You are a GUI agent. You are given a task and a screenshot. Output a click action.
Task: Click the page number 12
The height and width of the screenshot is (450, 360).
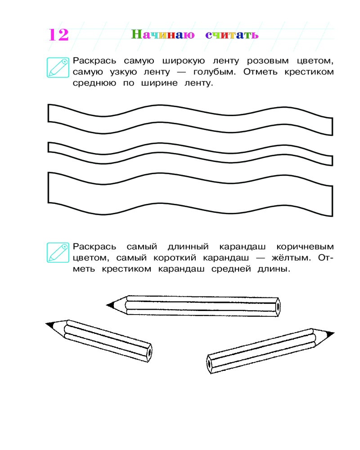pyautogui.click(x=58, y=35)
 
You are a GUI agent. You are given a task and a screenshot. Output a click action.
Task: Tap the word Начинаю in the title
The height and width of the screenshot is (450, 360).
pyautogui.click(x=163, y=35)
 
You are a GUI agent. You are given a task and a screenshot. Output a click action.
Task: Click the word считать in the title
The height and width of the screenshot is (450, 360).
pyautogui.click(x=232, y=35)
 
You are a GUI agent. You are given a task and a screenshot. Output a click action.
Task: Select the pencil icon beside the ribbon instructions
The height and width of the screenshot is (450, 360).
pyautogui.click(x=58, y=67)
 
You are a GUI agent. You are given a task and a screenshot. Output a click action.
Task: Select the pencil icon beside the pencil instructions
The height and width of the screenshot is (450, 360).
pyautogui.click(x=58, y=252)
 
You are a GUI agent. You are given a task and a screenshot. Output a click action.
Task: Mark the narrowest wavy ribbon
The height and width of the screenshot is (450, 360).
pyautogui.click(x=190, y=153)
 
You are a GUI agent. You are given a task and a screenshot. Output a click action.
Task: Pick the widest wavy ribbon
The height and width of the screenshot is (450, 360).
pyautogui.click(x=190, y=193)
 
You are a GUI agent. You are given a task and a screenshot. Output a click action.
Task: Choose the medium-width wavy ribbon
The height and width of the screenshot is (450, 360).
pyautogui.click(x=190, y=120)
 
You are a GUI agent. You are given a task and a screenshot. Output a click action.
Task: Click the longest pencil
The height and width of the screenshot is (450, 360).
pyautogui.click(x=193, y=306)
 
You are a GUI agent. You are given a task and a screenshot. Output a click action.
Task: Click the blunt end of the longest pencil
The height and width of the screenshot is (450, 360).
pyautogui.click(x=278, y=307)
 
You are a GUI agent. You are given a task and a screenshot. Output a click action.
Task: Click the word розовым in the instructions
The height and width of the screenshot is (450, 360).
pyautogui.click(x=268, y=61)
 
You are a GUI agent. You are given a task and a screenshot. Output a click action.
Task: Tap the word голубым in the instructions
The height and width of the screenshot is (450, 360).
pyautogui.click(x=215, y=72)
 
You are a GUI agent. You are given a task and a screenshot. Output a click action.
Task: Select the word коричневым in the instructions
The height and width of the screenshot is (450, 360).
pyautogui.click(x=305, y=247)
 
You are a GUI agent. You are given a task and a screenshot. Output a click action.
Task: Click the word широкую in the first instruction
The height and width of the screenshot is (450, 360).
pyautogui.click(x=184, y=61)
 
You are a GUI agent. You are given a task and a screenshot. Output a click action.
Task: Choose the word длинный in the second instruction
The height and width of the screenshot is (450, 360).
pyautogui.click(x=189, y=247)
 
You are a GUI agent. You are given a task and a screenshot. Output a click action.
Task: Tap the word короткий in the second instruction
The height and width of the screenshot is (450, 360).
pyautogui.click(x=175, y=258)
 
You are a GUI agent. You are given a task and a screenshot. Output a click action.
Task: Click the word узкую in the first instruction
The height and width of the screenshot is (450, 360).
pyautogui.click(x=123, y=72)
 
